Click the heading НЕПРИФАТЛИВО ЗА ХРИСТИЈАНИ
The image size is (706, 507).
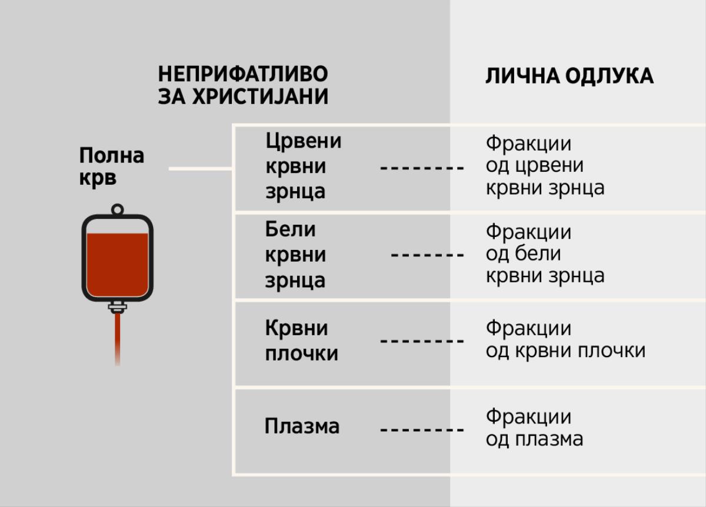point(243,86)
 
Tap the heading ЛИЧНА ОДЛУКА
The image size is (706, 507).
point(569,76)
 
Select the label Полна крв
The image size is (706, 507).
point(112,167)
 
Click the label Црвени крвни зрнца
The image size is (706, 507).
point(304,166)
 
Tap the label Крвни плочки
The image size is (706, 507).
point(302,341)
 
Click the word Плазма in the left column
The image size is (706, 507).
point(302,426)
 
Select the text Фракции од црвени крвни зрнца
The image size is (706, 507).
point(545,166)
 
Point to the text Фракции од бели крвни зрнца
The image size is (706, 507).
point(545,254)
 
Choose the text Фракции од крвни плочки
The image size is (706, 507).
point(565,339)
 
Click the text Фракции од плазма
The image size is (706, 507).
point(534,428)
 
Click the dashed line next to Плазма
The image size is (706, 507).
point(422,430)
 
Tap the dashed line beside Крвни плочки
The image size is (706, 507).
point(422,341)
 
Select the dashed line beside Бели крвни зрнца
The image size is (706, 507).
point(427,255)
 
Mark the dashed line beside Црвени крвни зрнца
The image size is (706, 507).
point(422,168)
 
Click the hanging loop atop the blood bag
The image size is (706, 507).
point(117,209)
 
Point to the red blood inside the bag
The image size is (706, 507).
point(117,265)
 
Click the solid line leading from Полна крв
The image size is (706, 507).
point(200,169)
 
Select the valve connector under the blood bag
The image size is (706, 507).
point(117,307)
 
